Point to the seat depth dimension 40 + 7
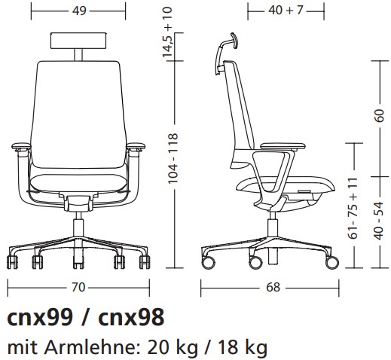pyautogui.click(x=286, y=11)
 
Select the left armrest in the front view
pyautogui.click(x=23, y=147)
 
